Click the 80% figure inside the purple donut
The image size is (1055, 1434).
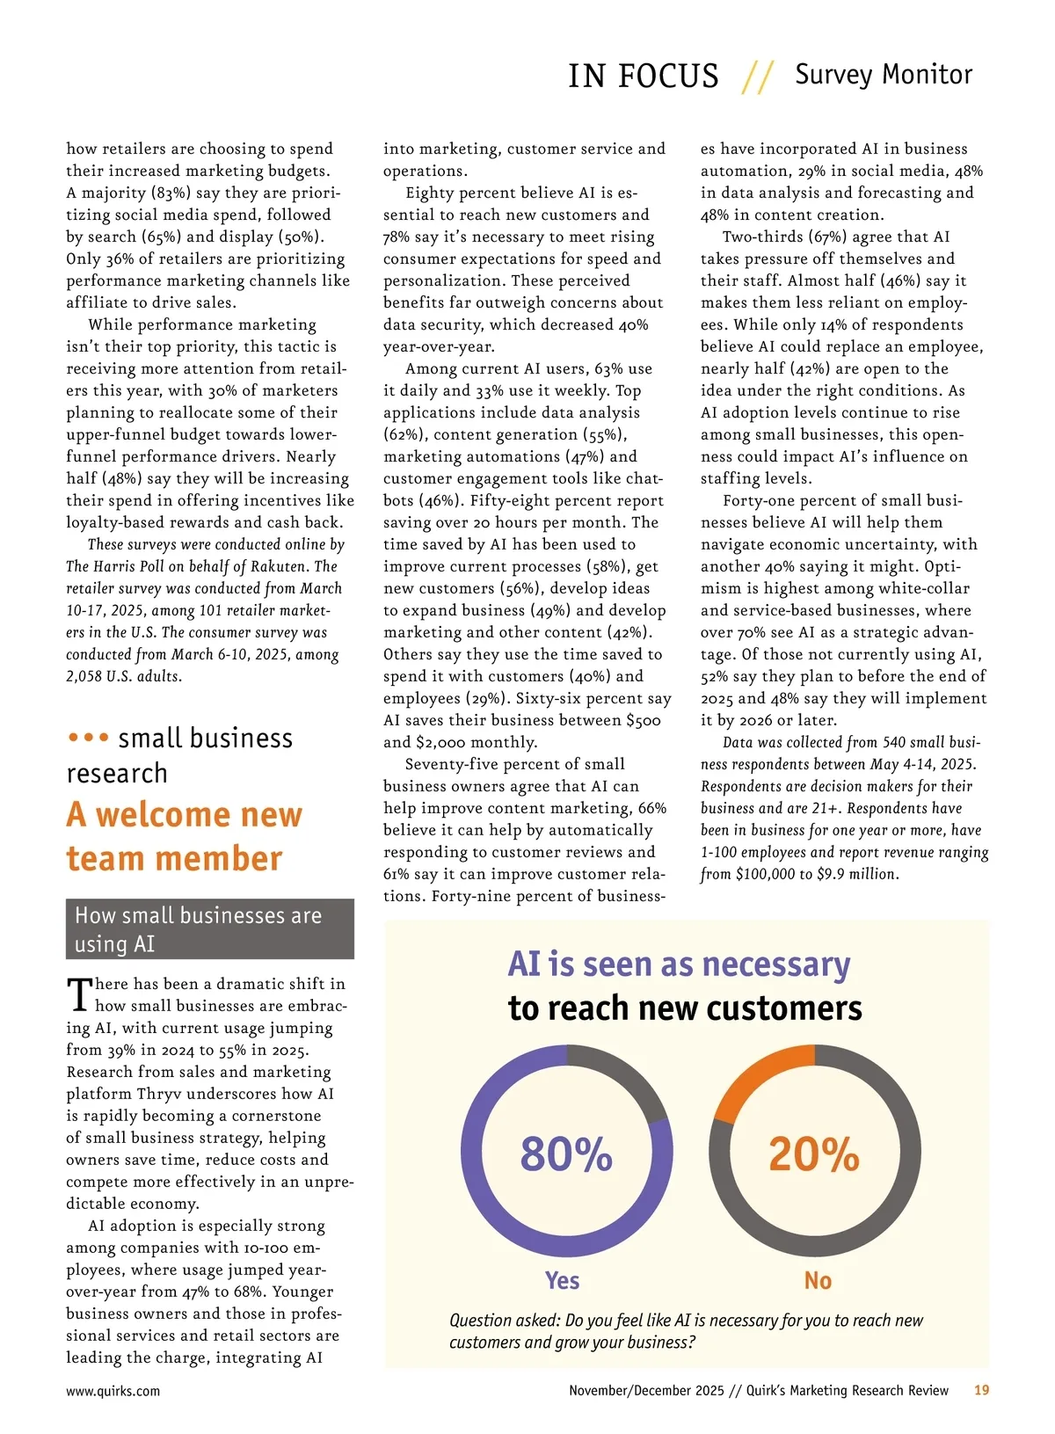click(x=566, y=1154)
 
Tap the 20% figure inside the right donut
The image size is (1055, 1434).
click(x=814, y=1154)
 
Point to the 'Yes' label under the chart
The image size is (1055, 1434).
click(x=562, y=1280)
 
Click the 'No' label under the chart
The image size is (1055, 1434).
click(x=818, y=1280)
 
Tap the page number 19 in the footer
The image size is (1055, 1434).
click(x=981, y=1390)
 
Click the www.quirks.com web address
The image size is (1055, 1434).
click(x=113, y=1391)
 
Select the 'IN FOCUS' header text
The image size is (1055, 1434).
click(x=643, y=76)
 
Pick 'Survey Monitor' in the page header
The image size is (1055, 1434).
click(x=884, y=75)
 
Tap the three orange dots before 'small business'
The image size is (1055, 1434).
click(x=88, y=737)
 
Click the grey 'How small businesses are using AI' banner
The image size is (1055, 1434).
click(x=209, y=928)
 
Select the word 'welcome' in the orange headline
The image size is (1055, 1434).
click(x=198, y=814)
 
